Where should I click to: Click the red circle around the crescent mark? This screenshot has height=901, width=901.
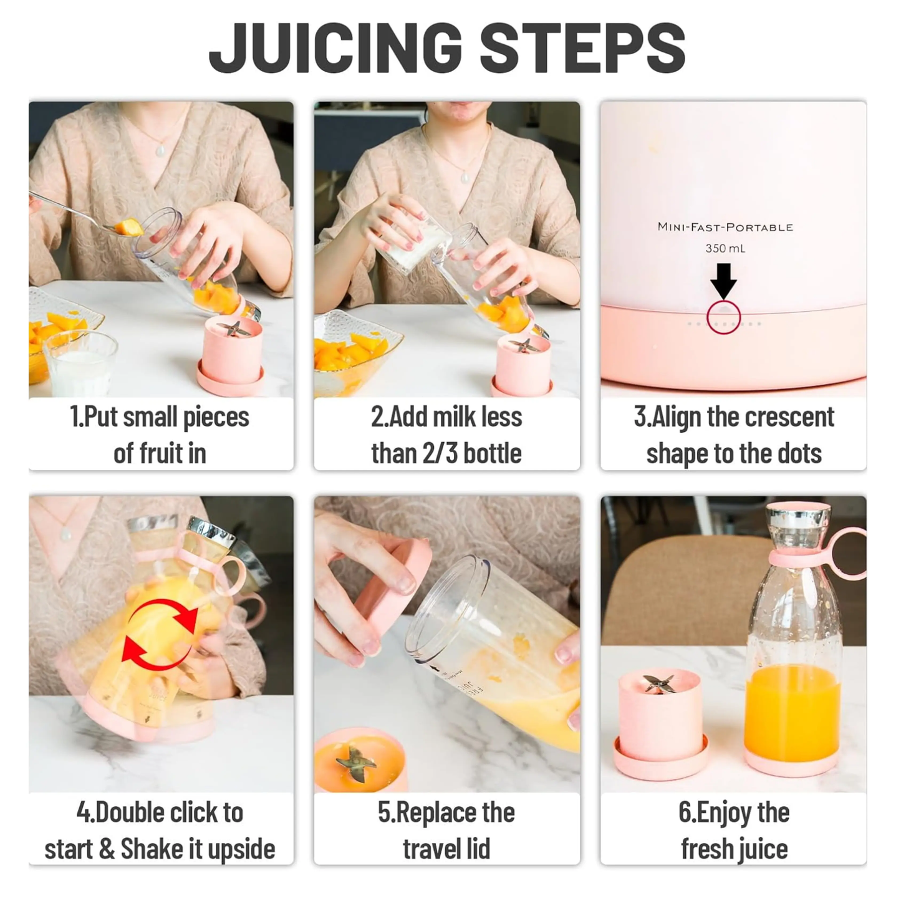723,318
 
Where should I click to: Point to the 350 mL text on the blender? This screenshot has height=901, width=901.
725,248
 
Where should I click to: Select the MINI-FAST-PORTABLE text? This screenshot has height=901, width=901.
725,227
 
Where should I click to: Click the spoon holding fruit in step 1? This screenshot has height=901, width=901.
87,215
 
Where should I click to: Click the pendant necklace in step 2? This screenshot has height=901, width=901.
465,177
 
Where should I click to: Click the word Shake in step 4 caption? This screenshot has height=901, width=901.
152,849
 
